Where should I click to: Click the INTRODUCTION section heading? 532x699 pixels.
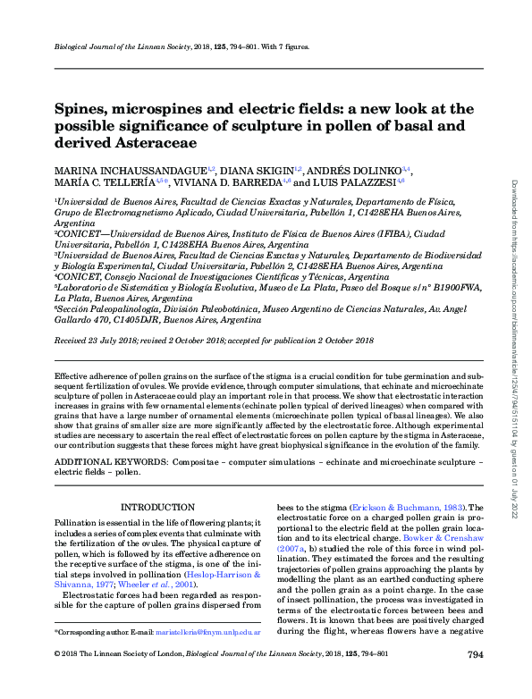(157, 508)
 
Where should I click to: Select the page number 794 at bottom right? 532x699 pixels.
(475, 681)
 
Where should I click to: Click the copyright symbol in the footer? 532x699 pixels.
(58, 681)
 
